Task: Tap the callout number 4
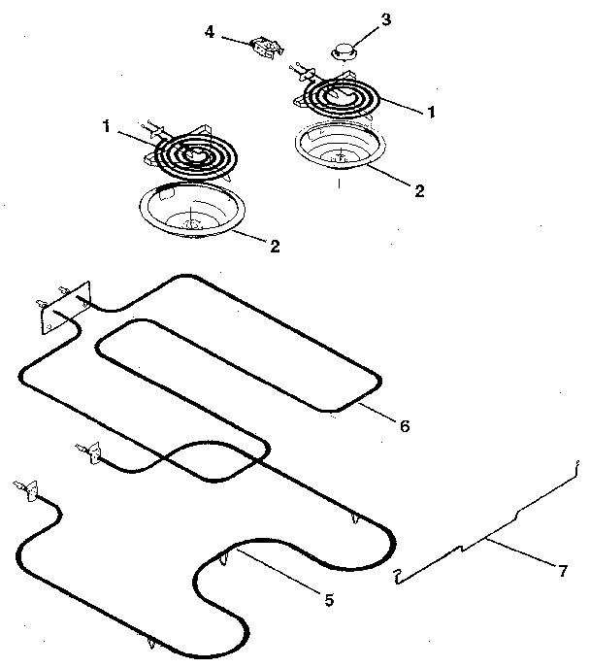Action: click(x=210, y=33)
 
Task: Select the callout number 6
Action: click(x=406, y=425)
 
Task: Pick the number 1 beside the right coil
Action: click(x=430, y=113)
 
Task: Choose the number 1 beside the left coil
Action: click(x=106, y=125)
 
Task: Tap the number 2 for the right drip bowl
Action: click(x=419, y=190)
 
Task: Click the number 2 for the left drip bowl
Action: click(x=275, y=247)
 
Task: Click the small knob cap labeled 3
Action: click(x=344, y=50)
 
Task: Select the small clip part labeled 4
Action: click(x=261, y=46)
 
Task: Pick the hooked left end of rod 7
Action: click(x=397, y=580)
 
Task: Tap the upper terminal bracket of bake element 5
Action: click(x=89, y=451)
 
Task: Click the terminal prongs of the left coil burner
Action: click(x=155, y=125)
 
